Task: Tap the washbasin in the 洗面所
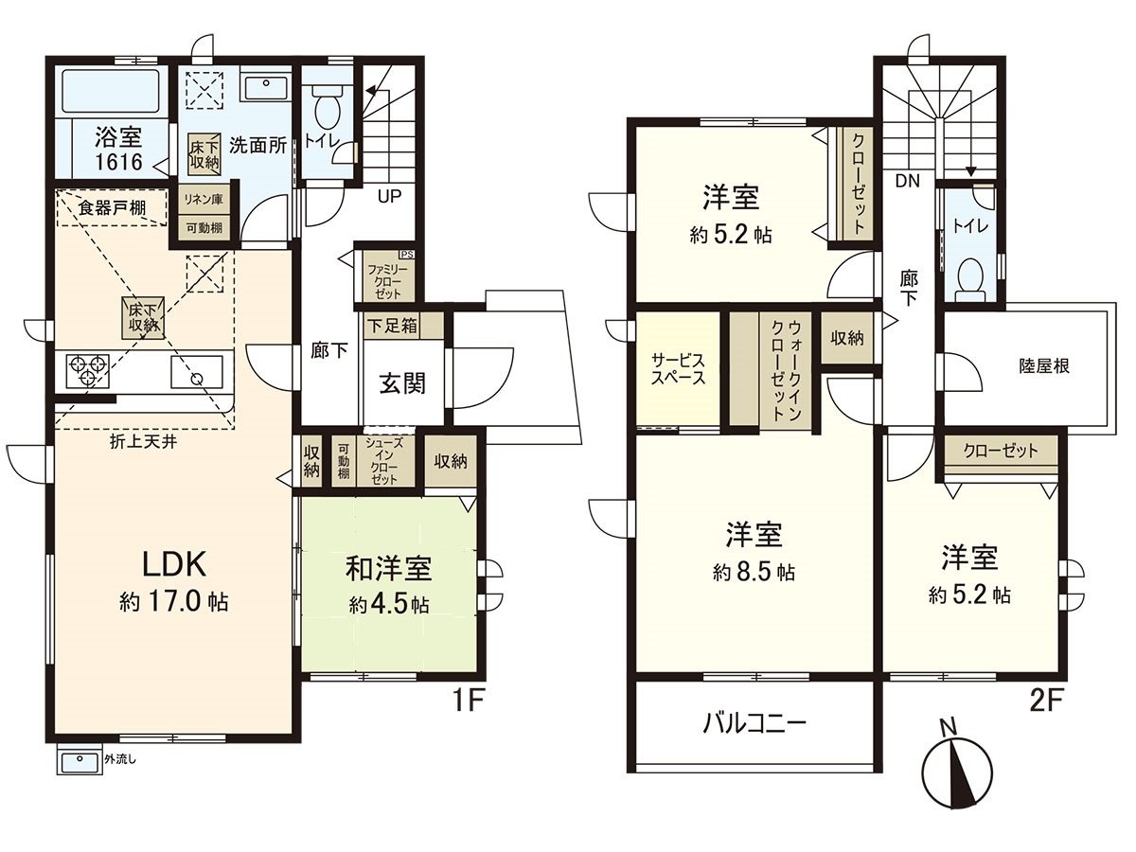coord(266,88)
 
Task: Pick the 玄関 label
coord(402,383)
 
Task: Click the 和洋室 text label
coord(388,569)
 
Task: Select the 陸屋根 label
coord(1043,365)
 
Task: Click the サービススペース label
coord(677,368)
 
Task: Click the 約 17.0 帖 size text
coord(173,602)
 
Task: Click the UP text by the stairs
coord(388,198)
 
